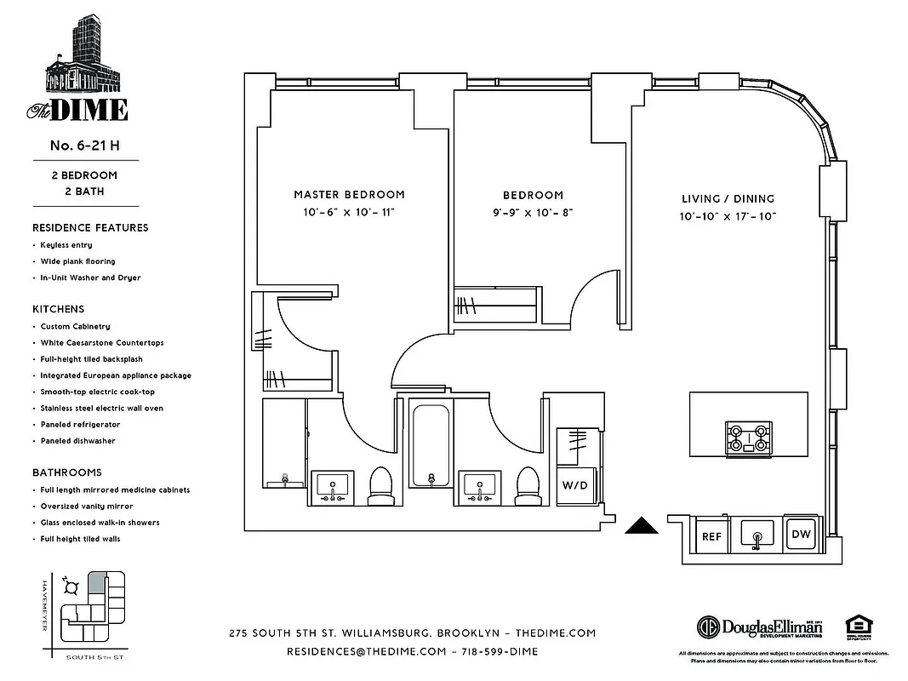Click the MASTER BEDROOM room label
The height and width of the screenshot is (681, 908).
(x=349, y=194)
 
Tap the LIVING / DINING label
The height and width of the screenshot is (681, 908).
(x=728, y=198)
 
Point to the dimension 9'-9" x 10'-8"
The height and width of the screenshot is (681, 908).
(x=534, y=214)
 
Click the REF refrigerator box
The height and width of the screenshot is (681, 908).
(x=711, y=536)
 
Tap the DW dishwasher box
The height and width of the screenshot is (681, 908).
(x=802, y=534)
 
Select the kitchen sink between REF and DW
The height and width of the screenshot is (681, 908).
(x=757, y=535)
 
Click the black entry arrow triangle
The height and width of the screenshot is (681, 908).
(x=643, y=526)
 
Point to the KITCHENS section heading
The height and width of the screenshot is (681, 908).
(x=59, y=309)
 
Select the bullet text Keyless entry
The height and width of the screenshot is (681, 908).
(x=66, y=245)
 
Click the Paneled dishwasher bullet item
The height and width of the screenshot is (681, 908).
(x=77, y=441)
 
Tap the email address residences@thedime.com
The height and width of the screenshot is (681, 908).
(x=367, y=651)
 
